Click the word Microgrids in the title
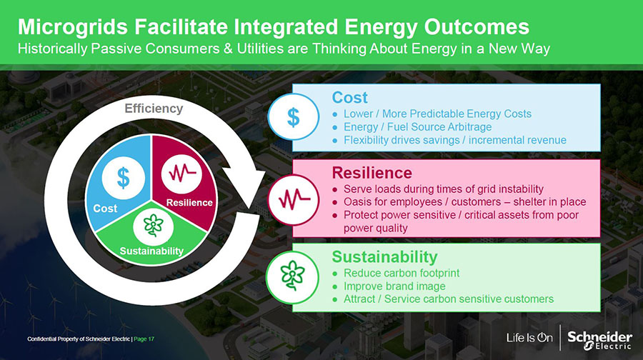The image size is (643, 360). coord(73,27)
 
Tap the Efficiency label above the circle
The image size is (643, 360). coord(154,109)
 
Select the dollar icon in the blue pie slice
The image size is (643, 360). coord(123,179)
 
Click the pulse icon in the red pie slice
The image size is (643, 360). coord(181,173)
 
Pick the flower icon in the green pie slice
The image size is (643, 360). coord(154,226)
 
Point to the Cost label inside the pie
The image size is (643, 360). coord(106,209)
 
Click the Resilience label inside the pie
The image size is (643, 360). coord(189,203)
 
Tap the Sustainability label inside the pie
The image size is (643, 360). coord(151,251)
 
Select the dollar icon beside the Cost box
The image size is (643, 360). coord(293,117)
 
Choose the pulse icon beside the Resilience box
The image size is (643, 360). coord(293,200)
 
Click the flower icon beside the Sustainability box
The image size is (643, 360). coord(292,277)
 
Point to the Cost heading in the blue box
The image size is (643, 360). coord(350,98)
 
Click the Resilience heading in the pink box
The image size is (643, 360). coord(372,173)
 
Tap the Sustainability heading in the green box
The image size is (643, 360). coord(384,257)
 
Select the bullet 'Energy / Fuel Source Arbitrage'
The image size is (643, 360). coord(417,126)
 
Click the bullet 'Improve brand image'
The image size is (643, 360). coord(394,286)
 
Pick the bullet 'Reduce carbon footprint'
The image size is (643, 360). coord(402,273)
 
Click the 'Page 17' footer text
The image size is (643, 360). coord(144,339)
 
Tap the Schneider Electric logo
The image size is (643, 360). coord(599,340)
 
